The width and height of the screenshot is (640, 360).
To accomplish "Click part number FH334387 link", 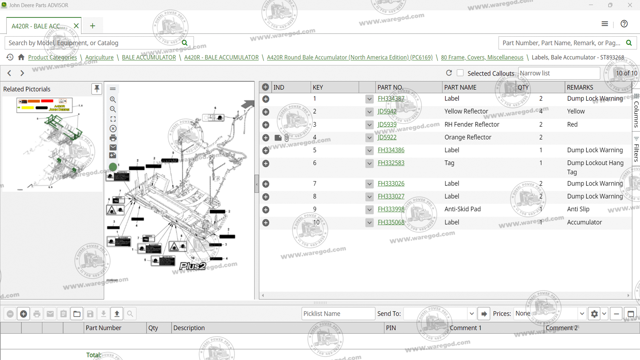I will [391, 99].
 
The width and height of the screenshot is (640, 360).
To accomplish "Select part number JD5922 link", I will [387, 137].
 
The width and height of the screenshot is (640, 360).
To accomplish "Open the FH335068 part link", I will [391, 222].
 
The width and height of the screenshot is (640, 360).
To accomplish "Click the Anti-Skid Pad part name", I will [462, 209].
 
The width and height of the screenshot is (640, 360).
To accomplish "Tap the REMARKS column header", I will [580, 87].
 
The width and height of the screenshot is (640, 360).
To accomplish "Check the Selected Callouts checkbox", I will [460, 73].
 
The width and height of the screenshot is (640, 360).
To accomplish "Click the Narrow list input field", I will [559, 73].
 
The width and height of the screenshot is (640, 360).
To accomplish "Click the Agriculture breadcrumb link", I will [99, 57].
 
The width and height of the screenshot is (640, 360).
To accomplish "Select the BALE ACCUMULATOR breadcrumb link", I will [149, 57].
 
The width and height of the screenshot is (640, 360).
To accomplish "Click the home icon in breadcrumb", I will [21, 57].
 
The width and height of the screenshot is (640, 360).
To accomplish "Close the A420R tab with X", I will [76, 26].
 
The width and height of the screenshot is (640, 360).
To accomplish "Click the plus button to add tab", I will [93, 26].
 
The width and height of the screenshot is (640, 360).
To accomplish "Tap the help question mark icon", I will [624, 24].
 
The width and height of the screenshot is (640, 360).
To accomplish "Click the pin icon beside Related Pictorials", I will [97, 89].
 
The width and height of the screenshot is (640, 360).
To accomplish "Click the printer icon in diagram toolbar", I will [113, 138].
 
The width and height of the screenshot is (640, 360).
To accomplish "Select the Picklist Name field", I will [338, 314].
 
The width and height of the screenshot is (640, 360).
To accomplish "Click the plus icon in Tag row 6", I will [266, 163].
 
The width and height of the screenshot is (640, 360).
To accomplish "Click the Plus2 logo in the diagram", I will [193, 266].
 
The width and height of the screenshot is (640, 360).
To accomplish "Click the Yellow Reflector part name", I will [466, 111].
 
